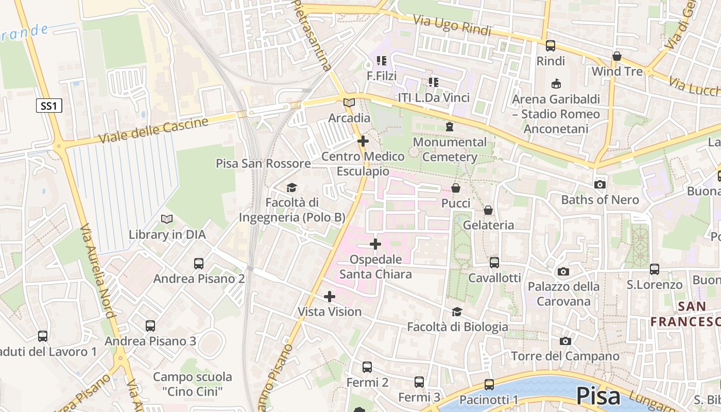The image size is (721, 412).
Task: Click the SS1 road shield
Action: point(49,106)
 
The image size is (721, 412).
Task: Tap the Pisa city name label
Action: point(598,396)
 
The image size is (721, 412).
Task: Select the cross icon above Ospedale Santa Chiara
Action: point(375,244)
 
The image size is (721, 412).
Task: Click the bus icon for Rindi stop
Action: point(551,46)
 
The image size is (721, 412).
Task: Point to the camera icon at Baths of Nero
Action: point(599,184)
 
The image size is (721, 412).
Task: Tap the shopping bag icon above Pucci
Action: point(456,188)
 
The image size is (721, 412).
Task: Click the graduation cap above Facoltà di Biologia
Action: point(457,312)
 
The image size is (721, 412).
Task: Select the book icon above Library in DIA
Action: point(167,219)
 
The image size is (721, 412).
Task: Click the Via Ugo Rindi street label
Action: point(445,25)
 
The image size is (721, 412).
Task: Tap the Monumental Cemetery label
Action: point(450,149)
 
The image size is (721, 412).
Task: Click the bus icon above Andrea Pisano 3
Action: point(150,326)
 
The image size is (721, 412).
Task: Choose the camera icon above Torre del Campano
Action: point(565,341)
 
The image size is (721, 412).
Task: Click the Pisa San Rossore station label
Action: point(263,164)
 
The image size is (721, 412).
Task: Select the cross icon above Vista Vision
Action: point(330,297)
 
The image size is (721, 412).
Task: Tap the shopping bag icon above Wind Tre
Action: point(617,56)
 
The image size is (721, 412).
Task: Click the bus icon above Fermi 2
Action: point(367,367)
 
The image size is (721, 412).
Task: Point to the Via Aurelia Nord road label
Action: point(98,278)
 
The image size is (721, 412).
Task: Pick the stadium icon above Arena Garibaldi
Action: point(556,83)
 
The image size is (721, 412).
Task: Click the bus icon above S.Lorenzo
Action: point(655,269)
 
